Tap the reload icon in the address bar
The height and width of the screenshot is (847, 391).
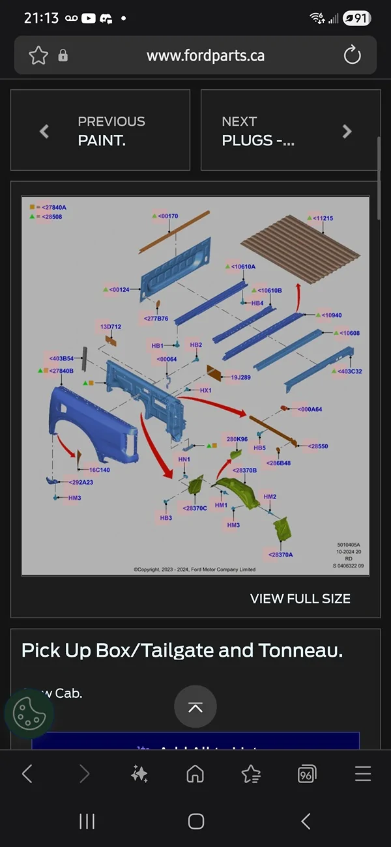352,55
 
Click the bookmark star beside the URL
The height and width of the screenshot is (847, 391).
38,55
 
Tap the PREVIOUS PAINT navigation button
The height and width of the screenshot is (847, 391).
100,130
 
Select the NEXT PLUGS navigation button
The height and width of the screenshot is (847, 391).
290,130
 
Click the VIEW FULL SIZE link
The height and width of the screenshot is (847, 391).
300,599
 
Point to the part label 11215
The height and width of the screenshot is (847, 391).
321,218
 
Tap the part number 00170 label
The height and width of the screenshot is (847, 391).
167,216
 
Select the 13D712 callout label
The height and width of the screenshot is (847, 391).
110,326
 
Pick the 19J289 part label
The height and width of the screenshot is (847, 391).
240,377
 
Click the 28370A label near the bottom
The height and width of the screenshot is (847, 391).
280,555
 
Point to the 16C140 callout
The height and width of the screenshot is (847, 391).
98,470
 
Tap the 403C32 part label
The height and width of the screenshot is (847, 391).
348,371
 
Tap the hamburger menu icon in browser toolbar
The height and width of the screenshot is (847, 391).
363,773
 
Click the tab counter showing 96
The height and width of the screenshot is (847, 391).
306,774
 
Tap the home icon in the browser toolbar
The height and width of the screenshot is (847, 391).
195,773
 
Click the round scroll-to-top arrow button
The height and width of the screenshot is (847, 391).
195,707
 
